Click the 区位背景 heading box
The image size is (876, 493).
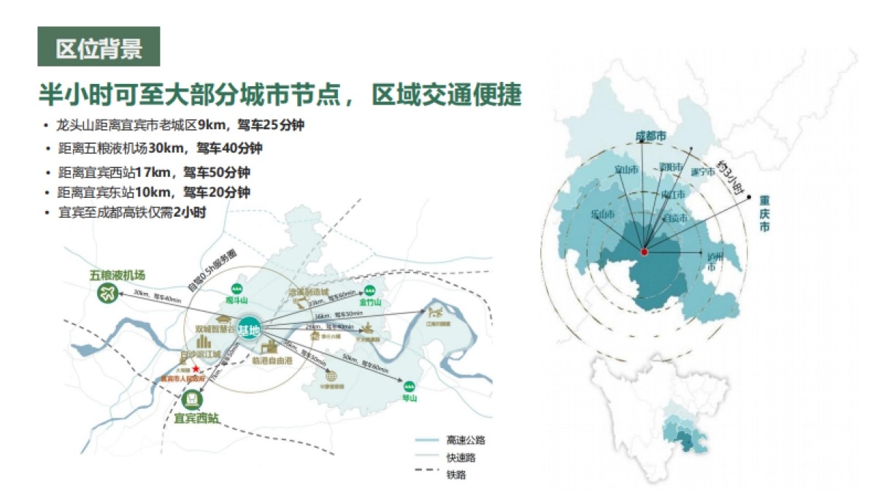(x=99, y=47)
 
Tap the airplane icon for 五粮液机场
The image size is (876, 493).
(x=107, y=294)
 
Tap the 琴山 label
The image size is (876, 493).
(x=409, y=398)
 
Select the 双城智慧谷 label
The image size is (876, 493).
(x=216, y=330)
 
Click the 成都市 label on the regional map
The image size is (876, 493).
(x=651, y=137)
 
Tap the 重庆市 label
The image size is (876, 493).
(x=764, y=213)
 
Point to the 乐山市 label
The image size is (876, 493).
(x=602, y=215)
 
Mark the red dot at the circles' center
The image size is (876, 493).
(x=645, y=252)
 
